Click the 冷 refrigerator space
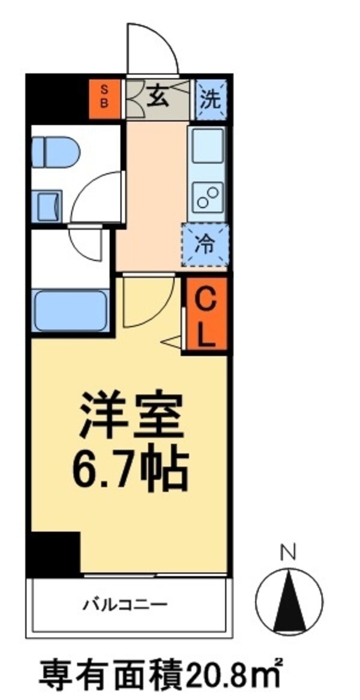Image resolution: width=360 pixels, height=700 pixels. click(x=206, y=245)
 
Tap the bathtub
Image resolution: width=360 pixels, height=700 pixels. click(x=70, y=311)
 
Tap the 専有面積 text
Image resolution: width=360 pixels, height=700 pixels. click(x=111, y=676)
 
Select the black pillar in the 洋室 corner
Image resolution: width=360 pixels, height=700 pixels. click(x=54, y=553)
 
